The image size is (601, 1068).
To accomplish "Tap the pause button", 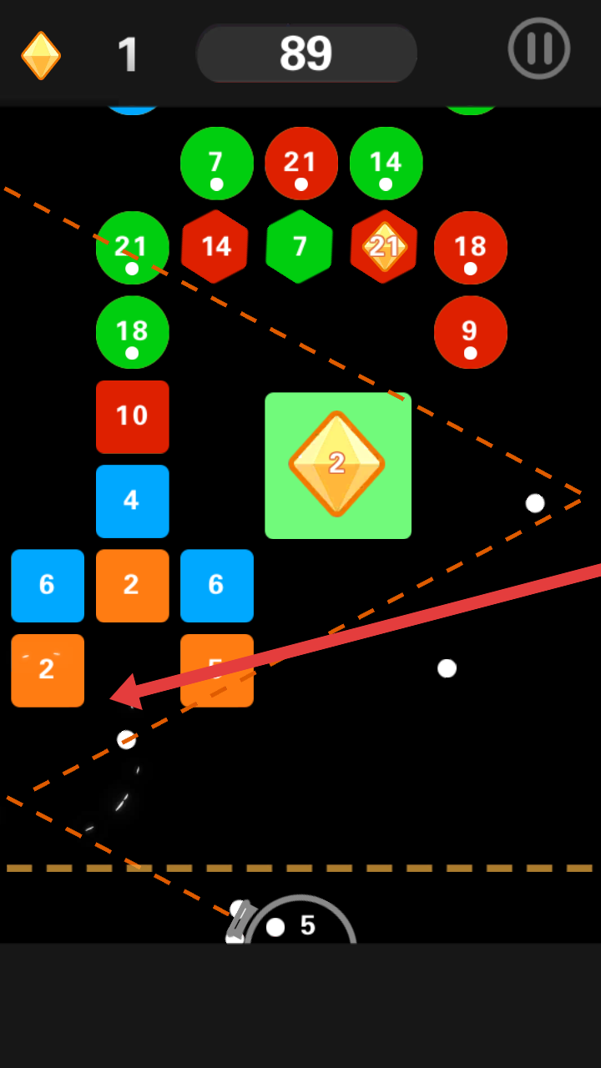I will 539,48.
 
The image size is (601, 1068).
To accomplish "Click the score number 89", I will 306,54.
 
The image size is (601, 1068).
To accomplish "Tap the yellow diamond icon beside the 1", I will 41,55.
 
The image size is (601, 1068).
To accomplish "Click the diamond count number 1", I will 128,55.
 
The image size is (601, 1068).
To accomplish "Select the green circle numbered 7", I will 217,164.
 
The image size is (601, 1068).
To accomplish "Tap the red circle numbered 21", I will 301,164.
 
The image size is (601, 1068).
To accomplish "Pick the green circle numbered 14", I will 386,164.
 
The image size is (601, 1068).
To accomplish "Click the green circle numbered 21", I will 132,248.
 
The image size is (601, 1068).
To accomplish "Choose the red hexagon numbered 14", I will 215,247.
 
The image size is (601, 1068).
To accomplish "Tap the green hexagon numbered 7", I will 300,247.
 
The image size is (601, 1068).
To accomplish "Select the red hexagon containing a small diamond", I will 384,247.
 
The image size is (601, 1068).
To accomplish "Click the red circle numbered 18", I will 471,248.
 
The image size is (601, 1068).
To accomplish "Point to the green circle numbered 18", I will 132,332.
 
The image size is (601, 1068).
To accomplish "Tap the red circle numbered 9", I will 471,332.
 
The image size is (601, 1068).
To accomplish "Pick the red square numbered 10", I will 132,416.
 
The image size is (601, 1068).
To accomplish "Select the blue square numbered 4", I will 132,501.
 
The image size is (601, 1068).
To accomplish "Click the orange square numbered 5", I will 217,670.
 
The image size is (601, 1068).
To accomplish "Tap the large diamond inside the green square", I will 336,464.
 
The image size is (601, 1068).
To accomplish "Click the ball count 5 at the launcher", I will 308,925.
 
